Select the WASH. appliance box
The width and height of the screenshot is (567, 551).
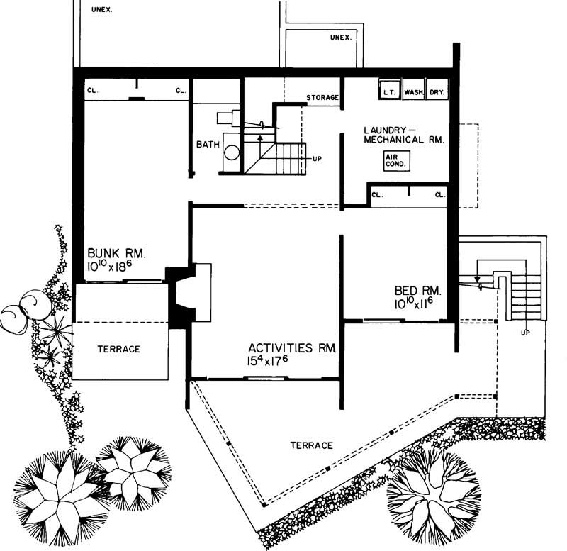(413, 91)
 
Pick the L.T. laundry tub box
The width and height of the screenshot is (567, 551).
(388, 91)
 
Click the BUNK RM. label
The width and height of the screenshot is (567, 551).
(116, 253)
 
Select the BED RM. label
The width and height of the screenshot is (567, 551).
(418, 291)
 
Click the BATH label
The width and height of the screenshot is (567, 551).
(208, 145)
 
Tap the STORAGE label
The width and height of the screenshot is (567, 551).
(322, 97)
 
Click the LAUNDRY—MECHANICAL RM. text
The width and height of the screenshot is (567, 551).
(403, 135)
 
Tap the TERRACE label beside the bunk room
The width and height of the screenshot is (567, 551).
(119, 349)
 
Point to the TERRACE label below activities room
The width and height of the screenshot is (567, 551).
(311, 445)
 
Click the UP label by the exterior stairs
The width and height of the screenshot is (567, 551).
(526, 331)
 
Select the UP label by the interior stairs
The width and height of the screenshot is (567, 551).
(316, 158)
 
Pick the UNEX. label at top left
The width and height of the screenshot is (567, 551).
(102, 10)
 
